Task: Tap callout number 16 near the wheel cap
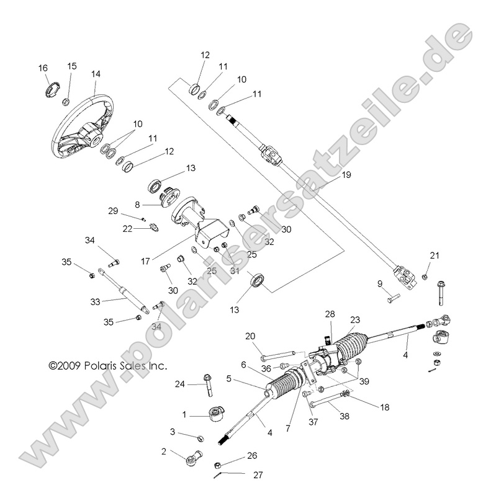click(43, 68)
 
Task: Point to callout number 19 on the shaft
click(346, 175)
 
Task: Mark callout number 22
click(127, 229)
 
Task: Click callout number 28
click(331, 315)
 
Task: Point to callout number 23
click(354, 321)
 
